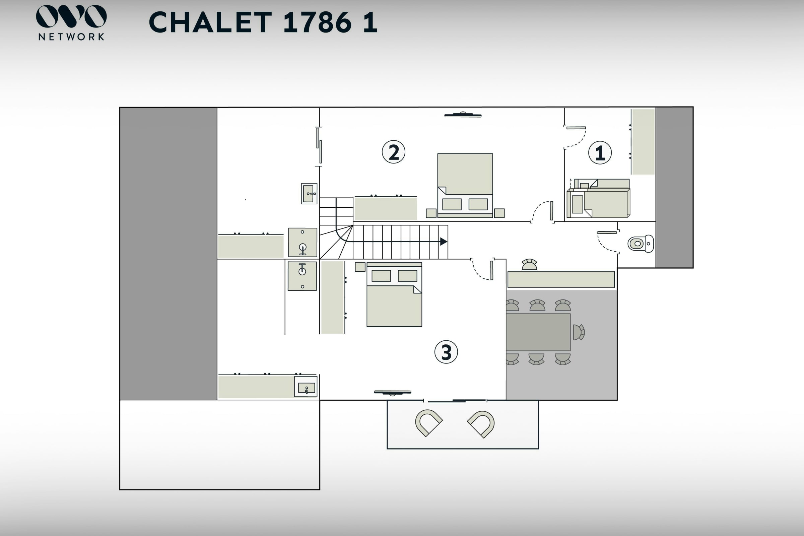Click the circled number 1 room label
coord(600,152)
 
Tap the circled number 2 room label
coord(393,152)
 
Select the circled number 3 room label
coord(446,352)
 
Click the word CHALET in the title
coord(211,22)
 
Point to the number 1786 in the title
coord(318,22)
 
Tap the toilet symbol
coord(641,244)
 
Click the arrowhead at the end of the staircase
coord(444,242)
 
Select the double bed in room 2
coord(465,186)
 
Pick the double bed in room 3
coord(394,295)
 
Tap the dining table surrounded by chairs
coord(538,332)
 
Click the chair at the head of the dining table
coord(579,332)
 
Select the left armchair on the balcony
coord(429,423)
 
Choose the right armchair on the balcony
coord(481,424)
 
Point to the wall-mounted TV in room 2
coord(463,115)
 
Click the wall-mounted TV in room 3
coord(392,392)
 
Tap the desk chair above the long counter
coord(529,265)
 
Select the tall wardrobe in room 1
coord(643,142)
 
